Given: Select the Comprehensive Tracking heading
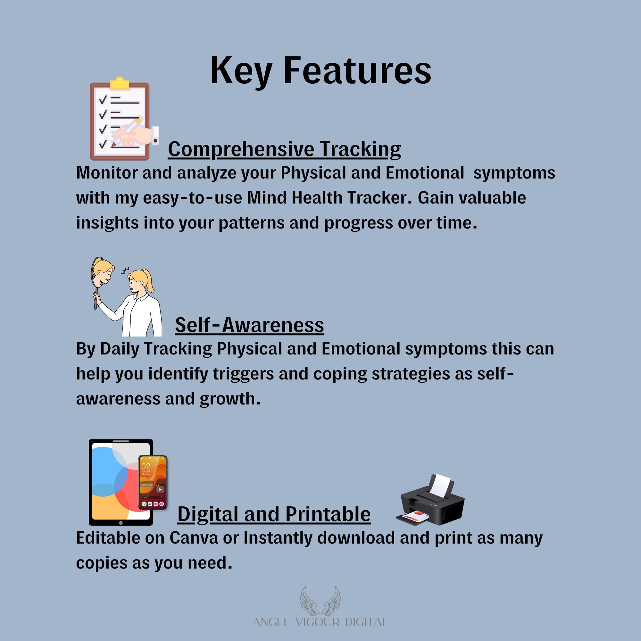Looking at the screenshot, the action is coord(284,149).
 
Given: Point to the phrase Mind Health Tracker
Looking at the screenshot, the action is coord(327,198).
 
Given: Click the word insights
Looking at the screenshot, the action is coord(107,223).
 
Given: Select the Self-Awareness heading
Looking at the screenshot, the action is coord(249,325).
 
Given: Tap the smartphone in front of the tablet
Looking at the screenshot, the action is coord(153,482).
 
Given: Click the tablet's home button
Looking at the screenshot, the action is coord(121,523).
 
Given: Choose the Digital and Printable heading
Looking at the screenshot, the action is coord(274,514).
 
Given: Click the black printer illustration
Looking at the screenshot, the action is coord(430,500).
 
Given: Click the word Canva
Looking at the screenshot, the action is coord(194,538).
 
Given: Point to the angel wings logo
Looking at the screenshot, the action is coord(320,600).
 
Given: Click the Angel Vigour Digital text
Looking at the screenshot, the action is coord(320,622).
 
